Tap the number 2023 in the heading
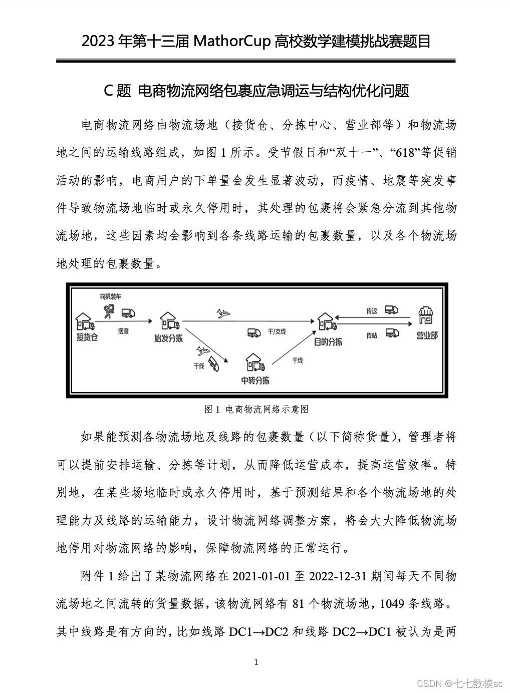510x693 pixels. pyautogui.click(x=98, y=42)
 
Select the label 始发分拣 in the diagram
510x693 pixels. pyautogui.click(x=168, y=338)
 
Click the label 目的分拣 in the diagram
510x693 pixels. pyautogui.click(x=328, y=342)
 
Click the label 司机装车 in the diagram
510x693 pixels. pyautogui.click(x=110, y=297)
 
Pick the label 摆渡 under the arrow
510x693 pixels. pyautogui.click(x=123, y=331)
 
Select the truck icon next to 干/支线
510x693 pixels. pyautogui.click(x=254, y=332)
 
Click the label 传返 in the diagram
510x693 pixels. pyautogui.click(x=371, y=311)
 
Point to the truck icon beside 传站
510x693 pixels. pyautogui.click(x=392, y=332)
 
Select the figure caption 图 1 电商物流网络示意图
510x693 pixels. pyautogui.click(x=256, y=409)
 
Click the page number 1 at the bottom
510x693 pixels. pyautogui.click(x=257, y=662)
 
